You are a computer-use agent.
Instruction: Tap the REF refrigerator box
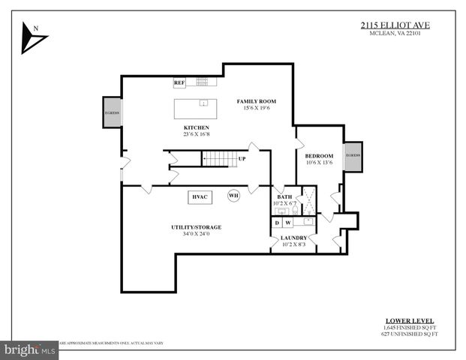pos(179,82)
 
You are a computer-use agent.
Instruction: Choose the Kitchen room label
pos(196,128)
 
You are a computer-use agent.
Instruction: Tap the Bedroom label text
pos(319,155)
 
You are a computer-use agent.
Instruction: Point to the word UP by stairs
pos(242,159)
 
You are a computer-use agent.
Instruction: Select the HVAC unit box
pos(200,196)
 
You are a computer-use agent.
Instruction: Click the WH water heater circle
pos(233,196)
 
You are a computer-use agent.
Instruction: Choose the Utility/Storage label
pos(197,226)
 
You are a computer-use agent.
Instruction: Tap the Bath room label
pos(284,196)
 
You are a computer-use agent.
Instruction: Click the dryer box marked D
pos(277,222)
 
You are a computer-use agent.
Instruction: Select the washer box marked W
pos(287,222)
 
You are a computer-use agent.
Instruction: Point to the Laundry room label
pos(293,238)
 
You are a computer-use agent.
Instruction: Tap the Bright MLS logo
pos(30,349)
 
